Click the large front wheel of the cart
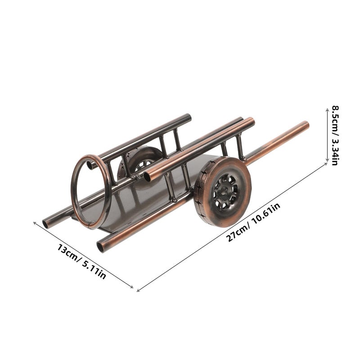[222, 192]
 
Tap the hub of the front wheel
[224, 191]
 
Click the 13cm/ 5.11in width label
[81, 261]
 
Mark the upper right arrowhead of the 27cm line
[326, 163]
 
